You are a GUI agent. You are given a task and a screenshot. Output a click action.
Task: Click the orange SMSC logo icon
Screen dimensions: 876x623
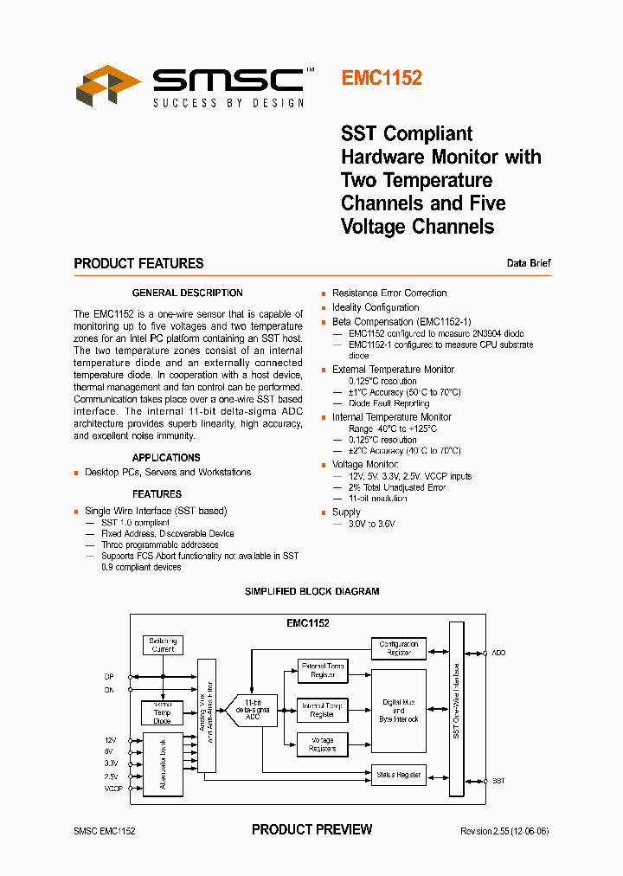[108, 85]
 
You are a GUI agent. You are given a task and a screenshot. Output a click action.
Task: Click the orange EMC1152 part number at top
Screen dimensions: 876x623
[382, 78]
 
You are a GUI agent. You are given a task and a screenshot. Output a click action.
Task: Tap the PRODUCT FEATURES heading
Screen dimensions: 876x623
[138, 263]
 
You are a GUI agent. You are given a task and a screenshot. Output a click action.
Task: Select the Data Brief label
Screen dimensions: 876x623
[529, 263]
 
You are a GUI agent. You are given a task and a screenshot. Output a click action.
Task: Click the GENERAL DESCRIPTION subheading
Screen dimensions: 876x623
[187, 293]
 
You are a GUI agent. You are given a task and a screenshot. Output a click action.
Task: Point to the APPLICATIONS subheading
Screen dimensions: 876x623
[166, 457]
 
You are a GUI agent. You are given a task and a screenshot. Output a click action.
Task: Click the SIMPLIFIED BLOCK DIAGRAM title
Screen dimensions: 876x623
[311, 591]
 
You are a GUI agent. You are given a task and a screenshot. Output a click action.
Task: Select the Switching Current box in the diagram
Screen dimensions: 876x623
[163, 645]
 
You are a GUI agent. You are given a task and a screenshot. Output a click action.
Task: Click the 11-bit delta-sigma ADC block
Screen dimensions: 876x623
[252, 710]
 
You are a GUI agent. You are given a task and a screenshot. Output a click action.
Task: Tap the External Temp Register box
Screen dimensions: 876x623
[322, 671]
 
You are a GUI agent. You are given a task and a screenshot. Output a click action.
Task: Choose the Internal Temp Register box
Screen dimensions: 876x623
[322, 711]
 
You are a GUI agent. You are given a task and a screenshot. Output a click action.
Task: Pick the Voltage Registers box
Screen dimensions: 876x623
[322, 744]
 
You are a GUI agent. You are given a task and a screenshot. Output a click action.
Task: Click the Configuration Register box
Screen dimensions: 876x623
[398, 648]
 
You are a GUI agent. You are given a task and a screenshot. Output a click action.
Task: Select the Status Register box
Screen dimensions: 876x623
[398, 774]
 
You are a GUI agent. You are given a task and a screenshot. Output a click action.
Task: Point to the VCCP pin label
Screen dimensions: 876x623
[113, 789]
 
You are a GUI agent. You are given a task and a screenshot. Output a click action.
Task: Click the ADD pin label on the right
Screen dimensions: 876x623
[498, 652]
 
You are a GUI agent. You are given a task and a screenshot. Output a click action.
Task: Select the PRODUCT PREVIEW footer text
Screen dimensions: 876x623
[311, 829]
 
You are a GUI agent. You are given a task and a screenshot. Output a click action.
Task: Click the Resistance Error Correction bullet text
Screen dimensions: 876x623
[389, 293]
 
